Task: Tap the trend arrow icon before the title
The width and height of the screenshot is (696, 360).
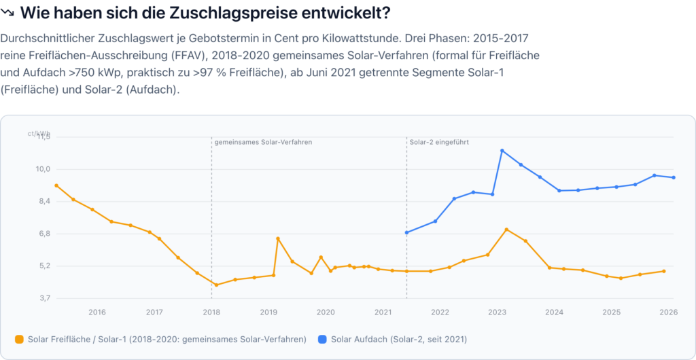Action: click(8, 13)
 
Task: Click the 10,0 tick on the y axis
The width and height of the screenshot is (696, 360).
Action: click(43, 169)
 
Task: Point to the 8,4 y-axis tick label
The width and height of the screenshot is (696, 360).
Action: click(44, 201)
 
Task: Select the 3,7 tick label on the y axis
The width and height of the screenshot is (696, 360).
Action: click(44, 298)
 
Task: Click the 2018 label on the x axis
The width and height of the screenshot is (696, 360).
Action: click(211, 312)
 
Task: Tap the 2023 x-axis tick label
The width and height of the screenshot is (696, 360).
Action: click(497, 312)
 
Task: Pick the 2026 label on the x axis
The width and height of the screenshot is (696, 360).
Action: click(669, 312)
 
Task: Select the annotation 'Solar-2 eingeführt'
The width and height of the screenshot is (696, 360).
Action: click(439, 143)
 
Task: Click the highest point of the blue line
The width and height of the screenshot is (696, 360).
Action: click(502, 151)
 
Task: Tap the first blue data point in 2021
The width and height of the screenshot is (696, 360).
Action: click(406, 233)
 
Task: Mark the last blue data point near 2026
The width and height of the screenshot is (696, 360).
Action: click(674, 178)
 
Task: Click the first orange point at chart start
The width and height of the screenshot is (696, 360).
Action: click(56, 185)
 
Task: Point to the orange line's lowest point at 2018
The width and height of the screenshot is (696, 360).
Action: click(216, 285)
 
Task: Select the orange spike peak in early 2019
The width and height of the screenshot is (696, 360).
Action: click(278, 238)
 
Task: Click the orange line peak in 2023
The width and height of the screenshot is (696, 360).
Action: click(506, 230)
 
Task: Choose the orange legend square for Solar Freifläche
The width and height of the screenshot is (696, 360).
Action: click(19, 339)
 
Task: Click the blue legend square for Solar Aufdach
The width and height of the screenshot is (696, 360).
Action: click(322, 339)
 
